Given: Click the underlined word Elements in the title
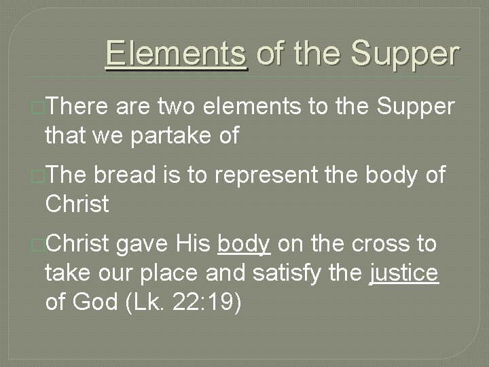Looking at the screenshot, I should (177, 54).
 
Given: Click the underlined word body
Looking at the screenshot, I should (244, 244).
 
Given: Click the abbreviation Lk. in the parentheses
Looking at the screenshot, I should (149, 303).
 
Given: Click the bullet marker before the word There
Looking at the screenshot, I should (38, 107).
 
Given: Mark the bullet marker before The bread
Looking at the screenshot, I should (38, 176).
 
